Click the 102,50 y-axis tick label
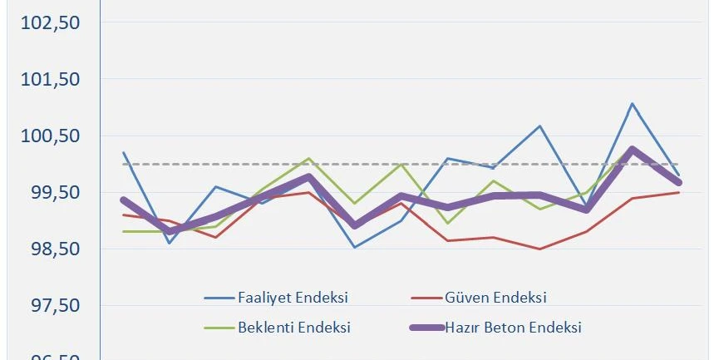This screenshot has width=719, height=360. pyautogui.click(x=51, y=23)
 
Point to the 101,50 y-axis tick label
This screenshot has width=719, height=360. pyautogui.click(x=51, y=80)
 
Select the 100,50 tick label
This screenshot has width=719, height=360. pyautogui.click(x=51, y=136)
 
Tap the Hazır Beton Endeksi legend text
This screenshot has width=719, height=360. pyautogui.click(x=513, y=327)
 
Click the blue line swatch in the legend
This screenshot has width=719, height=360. pyautogui.click(x=218, y=298)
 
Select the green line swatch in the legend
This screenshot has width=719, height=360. pyautogui.click(x=218, y=327)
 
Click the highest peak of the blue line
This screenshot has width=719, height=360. pyautogui.click(x=633, y=104)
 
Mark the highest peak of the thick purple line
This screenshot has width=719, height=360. pyautogui.click(x=633, y=150)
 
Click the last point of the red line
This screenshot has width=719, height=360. pyautogui.click(x=679, y=192)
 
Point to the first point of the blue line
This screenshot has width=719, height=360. pyautogui.click(x=123, y=152)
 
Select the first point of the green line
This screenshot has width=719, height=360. pyautogui.click(x=123, y=231)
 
